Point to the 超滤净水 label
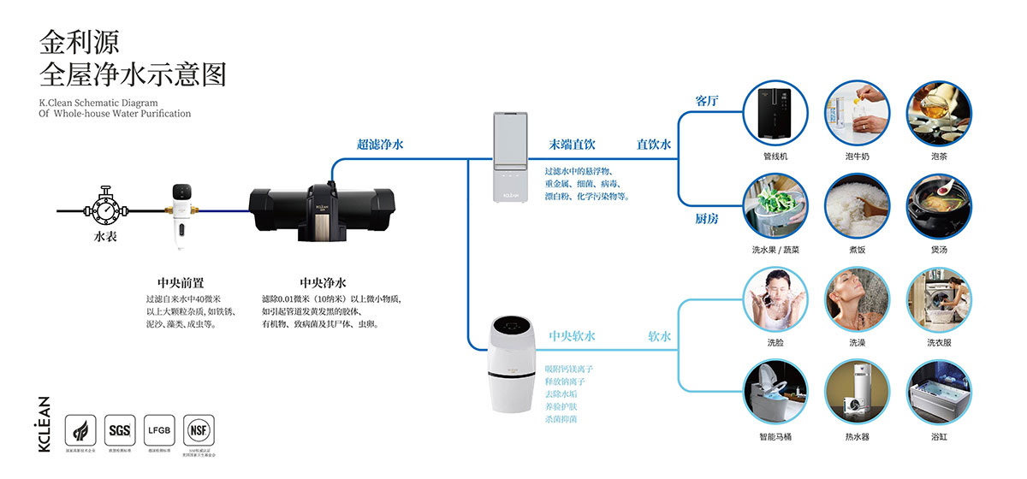380,145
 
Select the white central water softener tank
512,364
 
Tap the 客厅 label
707,101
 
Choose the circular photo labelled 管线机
775,113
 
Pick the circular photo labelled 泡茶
939,113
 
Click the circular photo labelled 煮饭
857,206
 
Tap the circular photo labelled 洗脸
775,299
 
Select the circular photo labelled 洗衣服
939,299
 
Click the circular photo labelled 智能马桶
775,393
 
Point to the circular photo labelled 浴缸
939,393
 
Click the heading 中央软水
572,336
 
